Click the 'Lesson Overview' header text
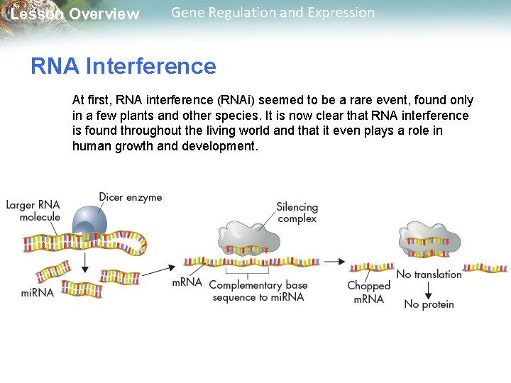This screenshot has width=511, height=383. [75, 14]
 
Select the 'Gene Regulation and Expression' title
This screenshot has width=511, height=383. [273, 13]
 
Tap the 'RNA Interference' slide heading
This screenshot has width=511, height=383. [123, 66]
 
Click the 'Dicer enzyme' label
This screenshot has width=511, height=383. [130, 197]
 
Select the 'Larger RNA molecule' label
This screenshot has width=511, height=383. [33, 211]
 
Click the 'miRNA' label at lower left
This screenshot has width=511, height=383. [37, 292]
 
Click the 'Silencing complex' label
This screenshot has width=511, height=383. [297, 213]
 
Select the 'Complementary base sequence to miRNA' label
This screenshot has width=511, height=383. [258, 291]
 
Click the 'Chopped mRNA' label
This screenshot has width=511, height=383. [368, 292]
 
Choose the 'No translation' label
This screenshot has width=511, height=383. [428, 274]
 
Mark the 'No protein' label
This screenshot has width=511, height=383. [429, 304]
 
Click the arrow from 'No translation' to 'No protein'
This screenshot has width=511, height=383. [429, 289]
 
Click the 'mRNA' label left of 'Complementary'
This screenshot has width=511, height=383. [187, 282]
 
